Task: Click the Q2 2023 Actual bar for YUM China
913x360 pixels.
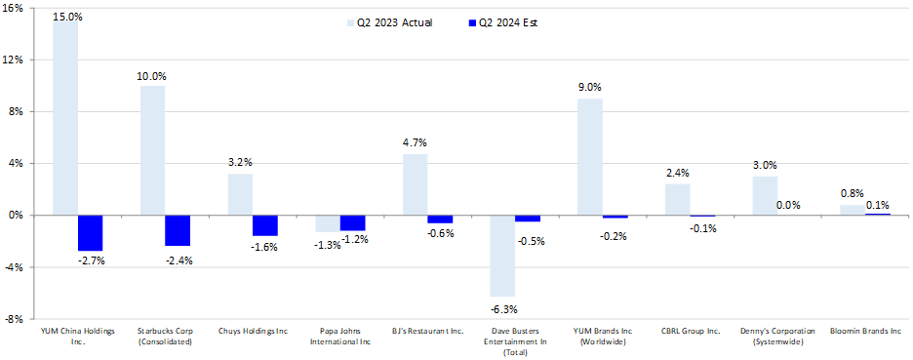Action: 65,117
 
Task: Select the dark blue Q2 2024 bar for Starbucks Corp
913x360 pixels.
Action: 178,230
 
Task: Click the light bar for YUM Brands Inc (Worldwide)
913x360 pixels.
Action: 589,156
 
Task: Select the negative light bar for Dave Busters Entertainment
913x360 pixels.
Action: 502,256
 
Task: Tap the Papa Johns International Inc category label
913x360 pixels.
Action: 339,337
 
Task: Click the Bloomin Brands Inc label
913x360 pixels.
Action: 864,332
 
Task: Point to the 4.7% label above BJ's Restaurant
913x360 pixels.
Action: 415,143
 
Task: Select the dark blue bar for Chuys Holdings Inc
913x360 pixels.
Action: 264,225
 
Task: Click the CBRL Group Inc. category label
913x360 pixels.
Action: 690,332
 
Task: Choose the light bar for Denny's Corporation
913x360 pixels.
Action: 765,195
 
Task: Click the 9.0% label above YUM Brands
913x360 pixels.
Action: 590,88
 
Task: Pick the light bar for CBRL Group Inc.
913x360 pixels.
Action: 677,199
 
